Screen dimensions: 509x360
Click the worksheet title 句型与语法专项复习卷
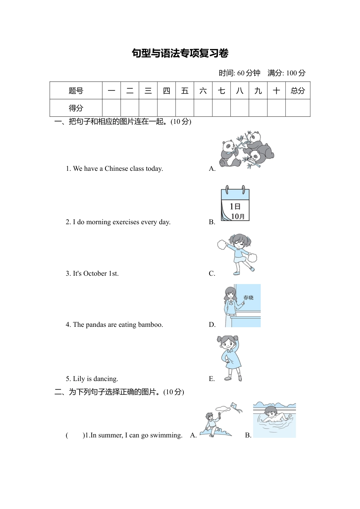tap(180, 53)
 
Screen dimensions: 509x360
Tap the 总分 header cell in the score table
tap(297, 91)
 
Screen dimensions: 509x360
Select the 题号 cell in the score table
tap(76, 91)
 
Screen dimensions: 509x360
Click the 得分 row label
tap(76, 108)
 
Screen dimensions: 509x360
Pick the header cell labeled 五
tap(185, 91)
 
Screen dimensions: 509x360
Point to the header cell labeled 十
tap(276, 91)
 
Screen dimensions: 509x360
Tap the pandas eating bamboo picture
tap(247, 149)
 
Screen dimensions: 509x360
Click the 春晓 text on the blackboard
tap(248, 298)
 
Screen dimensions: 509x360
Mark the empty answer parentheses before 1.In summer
tap(74, 435)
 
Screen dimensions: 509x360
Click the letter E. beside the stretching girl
tap(211, 379)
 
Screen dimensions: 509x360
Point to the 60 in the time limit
tap(241, 73)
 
